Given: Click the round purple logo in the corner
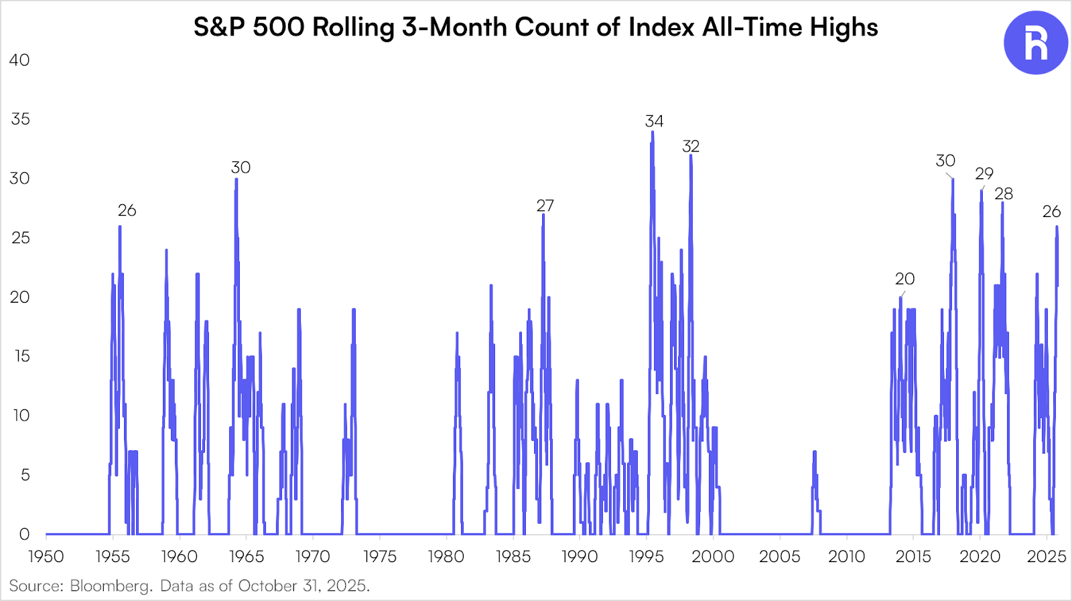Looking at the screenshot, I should pyautogui.click(x=1035, y=42).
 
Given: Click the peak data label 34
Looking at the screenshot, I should pyautogui.click(x=654, y=121).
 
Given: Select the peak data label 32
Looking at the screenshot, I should pyautogui.click(x=691, y=146).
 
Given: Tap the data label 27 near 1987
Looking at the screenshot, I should pyautogui.click(x=545, y=206).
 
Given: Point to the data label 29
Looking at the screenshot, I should pyautogui.click(x=984, y=174).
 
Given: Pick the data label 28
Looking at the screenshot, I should pyautogui.click(x=1003, y=194).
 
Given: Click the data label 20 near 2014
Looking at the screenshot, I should pyautogui.click(x=904, y=279).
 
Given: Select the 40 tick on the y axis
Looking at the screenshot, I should pyautogui.click(x=19, y=60).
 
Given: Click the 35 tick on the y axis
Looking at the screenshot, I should pyautogui.click(x=20, y=119).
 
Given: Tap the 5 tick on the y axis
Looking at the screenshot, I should pyautogui.click(x=25, y=475).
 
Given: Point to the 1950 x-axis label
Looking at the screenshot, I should pyautogui.click(x=46, y=557).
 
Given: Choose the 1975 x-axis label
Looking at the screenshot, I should pyautogui.click(x=379, y=557).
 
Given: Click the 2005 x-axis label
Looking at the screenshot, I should pyautogui.click(x=779, y=557).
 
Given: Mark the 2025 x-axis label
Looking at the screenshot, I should pyautogui.click(x=1047, y=557).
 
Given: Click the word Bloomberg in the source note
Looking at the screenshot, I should pyautogui.click(x=111, y=586).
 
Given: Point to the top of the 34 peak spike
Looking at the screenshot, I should pyautogui.click(x=653, y=132).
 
